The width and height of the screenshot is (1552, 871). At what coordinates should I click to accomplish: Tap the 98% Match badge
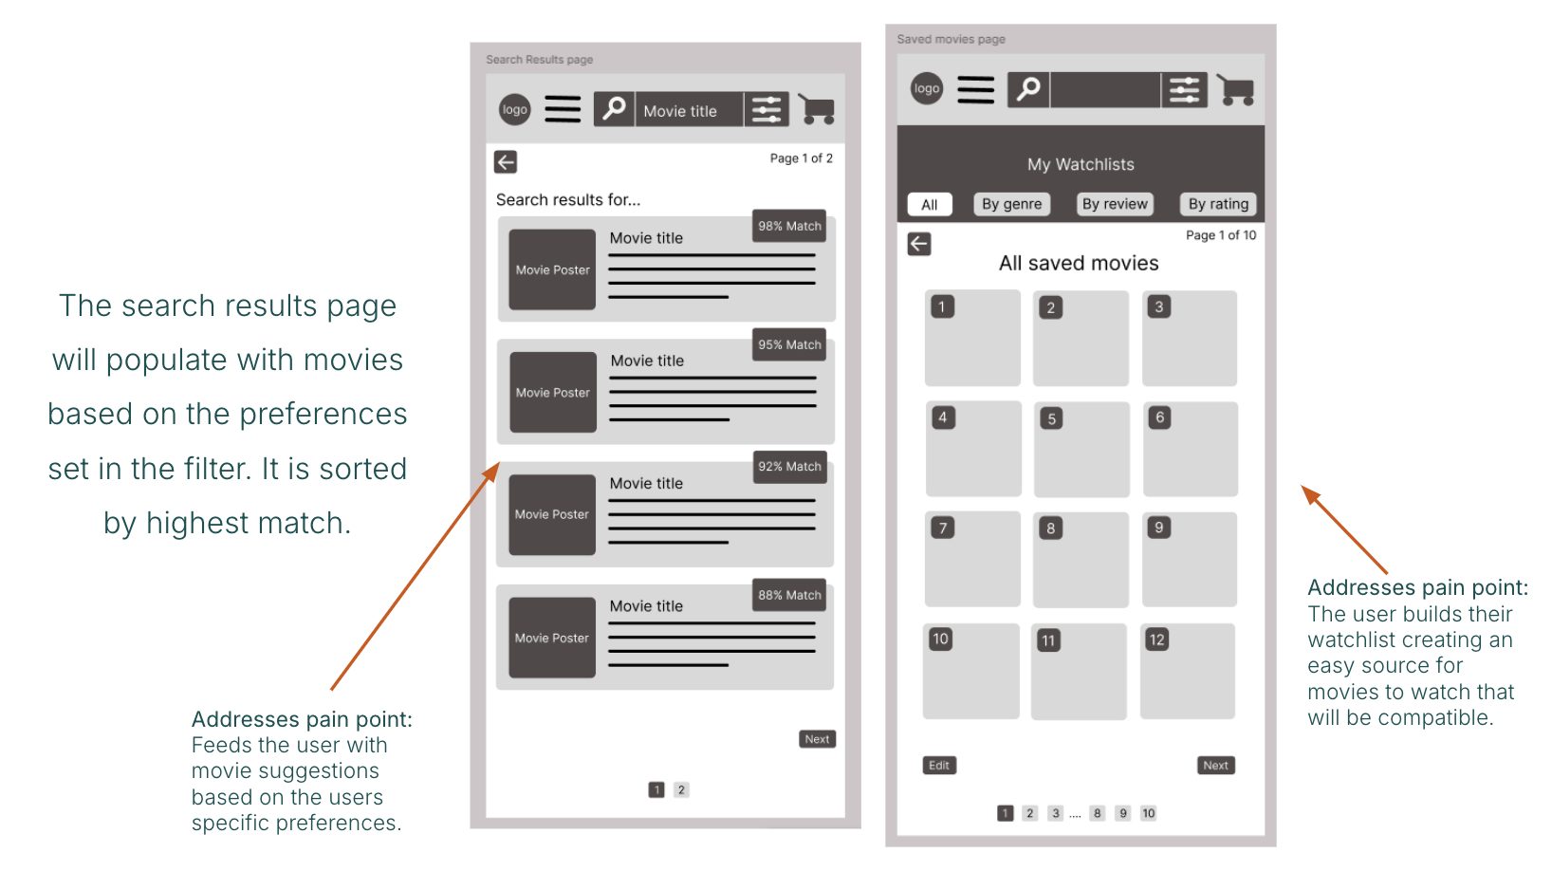coord(789,226)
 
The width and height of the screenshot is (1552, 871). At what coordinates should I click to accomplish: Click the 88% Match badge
coord(789,595)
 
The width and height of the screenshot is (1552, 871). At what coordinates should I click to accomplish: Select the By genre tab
coord(1011,204)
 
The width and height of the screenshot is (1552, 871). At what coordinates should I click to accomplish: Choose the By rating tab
coord(1218,204)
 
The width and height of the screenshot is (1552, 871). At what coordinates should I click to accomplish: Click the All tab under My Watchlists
coord(930,204)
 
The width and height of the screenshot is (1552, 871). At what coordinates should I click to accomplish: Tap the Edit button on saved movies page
coord(939,765)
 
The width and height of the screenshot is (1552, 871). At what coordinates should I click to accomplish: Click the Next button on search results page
coord(817,739)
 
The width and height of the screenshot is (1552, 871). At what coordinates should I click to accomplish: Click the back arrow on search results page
coord(506,162)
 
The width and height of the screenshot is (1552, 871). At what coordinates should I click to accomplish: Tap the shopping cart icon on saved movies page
coord(1236,90)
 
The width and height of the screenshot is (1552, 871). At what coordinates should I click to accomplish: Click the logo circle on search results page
coord(515,109)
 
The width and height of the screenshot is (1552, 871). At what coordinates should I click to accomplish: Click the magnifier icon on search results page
coord(614,109)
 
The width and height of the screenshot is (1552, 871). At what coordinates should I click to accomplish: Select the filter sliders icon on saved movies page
coord(1184,90)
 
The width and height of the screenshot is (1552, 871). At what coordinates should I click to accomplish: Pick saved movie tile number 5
coord(1081,449)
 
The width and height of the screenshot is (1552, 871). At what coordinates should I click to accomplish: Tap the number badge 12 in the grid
coord(1157,639)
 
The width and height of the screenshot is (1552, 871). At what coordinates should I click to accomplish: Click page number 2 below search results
coord(681,790)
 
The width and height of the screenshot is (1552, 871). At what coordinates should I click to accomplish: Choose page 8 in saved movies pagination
coord(1097,813)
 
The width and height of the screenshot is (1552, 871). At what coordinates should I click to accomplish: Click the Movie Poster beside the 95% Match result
coord(553,392)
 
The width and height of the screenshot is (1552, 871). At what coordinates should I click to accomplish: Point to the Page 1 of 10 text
coord(1221,235)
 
